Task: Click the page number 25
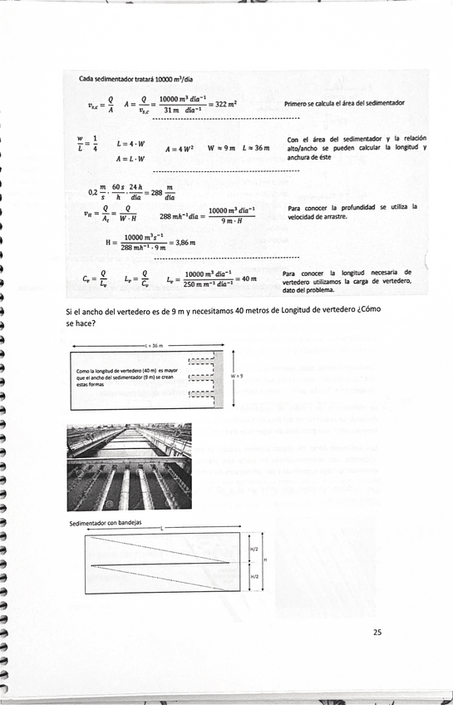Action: (377, 632)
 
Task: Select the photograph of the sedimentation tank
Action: (129, 466)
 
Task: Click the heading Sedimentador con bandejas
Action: (106, 524)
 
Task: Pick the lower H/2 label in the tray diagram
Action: (254, 575)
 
